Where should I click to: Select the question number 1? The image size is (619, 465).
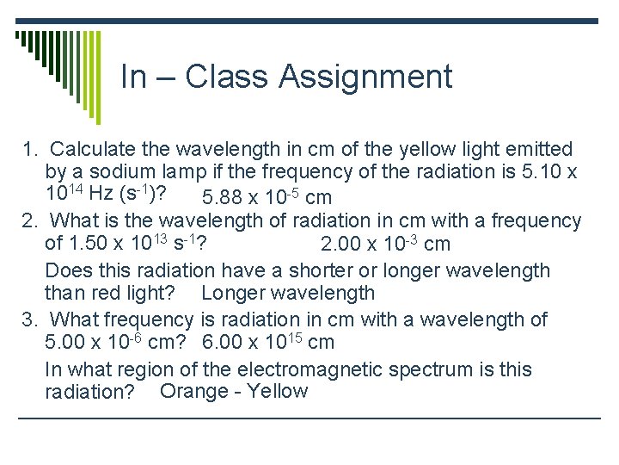tap(28, 150)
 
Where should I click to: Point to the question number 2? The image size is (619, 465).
tap(28, 221)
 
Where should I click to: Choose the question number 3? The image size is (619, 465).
tap(28, 320)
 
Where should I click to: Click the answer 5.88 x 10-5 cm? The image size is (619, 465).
tap(267, 198)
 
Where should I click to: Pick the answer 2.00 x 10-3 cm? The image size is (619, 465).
tap(384, 245)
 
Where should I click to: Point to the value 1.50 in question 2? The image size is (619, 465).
tap(88, 244)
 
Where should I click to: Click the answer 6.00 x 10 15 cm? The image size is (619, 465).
tap(268, 343)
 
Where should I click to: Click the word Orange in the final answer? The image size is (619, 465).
tap(193, 392)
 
